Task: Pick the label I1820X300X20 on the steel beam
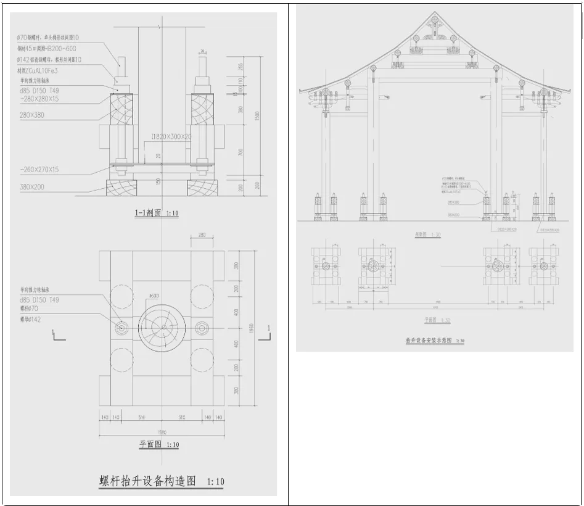171,136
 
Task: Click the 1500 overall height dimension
258,115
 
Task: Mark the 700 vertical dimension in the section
241,152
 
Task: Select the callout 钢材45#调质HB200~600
47,49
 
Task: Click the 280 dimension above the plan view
202,235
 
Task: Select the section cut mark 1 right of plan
269,327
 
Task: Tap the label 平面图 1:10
158,444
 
